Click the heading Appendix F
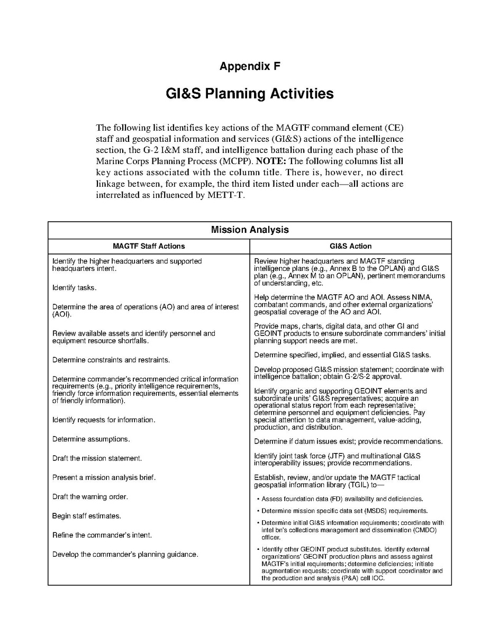250,66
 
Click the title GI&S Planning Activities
250,94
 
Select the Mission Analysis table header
250,230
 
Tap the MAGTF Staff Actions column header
149,246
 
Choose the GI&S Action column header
350,246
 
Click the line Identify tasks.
74,288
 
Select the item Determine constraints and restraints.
111,360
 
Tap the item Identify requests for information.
104,420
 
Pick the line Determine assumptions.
91,439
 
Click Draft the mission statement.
97,458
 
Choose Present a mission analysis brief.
104,477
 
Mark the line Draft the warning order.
90,496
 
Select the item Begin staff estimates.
86,516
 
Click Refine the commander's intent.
102,535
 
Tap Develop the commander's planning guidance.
125,554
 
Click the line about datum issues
348,441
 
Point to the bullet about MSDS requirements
344,511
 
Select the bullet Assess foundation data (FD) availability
342,499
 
